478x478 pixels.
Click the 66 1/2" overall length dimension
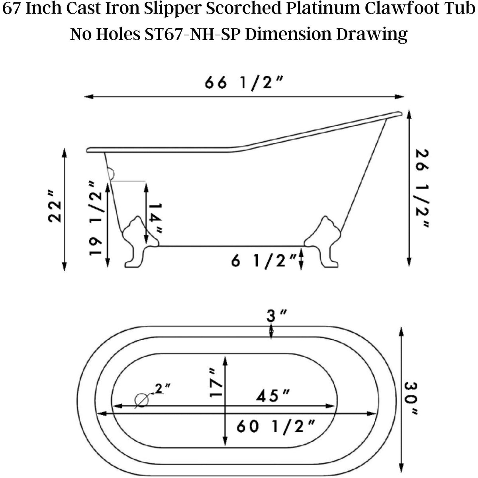(x=244, y=83)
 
